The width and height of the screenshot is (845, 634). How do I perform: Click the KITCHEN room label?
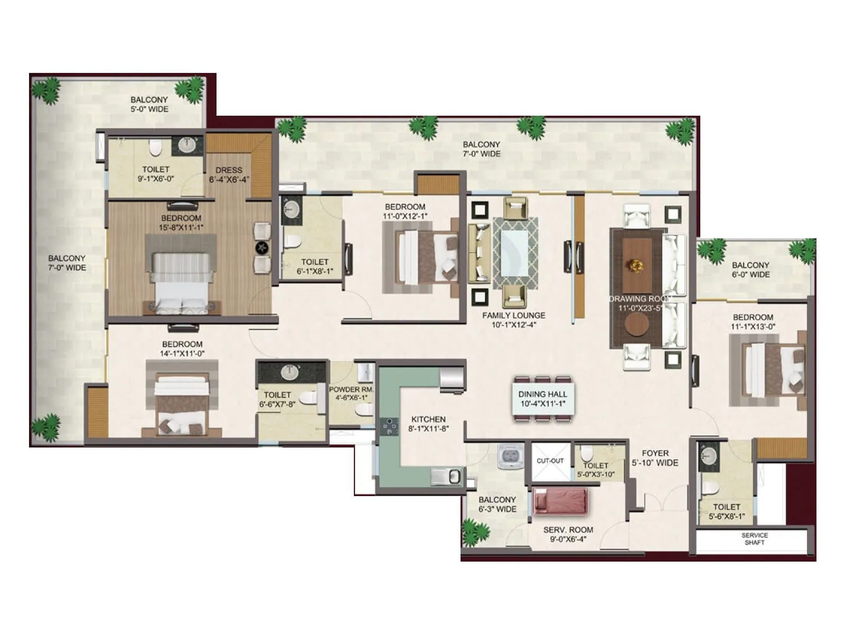pyautogui.click(x=428, y=419)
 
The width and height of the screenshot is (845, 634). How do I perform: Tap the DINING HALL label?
pyautogui.click(x=542, y=394)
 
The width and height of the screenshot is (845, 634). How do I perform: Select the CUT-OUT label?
pyautogui.click(x=550, y=461)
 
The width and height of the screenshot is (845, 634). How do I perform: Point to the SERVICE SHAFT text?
pyautogui.click(x=754, y=539)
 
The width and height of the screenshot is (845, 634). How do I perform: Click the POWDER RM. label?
pyautogui.click(x=351, y=389)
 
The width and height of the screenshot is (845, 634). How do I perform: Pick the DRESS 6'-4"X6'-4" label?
pyautogui.click(x=229, y=175)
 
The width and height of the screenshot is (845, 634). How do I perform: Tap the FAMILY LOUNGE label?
pyautogui.click(x=513, y=315)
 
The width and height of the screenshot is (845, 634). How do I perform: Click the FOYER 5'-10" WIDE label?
pyautogui.click(x=655, y=458)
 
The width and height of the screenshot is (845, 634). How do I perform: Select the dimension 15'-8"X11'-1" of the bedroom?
pyautogui.click(x=181, y=228)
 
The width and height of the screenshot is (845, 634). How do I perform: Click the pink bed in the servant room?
pyautogui.click(x=560, y=501)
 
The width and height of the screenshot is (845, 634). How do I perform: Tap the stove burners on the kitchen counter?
pyautogui.click(x=390, y=425)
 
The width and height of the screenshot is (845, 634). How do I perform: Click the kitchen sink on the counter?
pyautogui.click(x=447, y=477)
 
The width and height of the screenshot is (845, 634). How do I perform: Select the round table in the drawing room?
pyautogui.click(x=637, y=325)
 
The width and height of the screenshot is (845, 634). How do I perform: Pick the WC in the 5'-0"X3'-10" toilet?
pyautogui.click(x=586, y=454)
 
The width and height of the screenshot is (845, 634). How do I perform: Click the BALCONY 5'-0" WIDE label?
pyautogui.click(x=149, y=104)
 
